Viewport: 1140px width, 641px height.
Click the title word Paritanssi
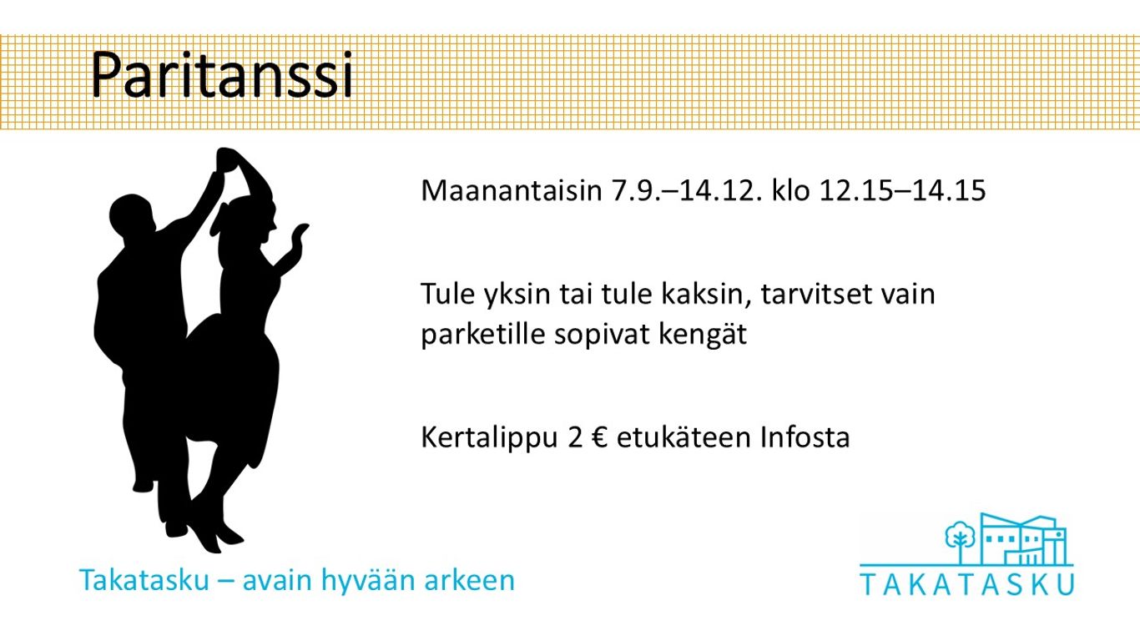coord(222,75)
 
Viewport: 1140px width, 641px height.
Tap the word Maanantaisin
coord(512,190)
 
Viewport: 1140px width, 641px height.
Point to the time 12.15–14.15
coord(902,190)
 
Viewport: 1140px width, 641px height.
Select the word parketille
coord(483,335)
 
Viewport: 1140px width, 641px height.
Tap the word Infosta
coord(805,437)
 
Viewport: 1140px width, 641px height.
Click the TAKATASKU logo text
coord(967,585)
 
